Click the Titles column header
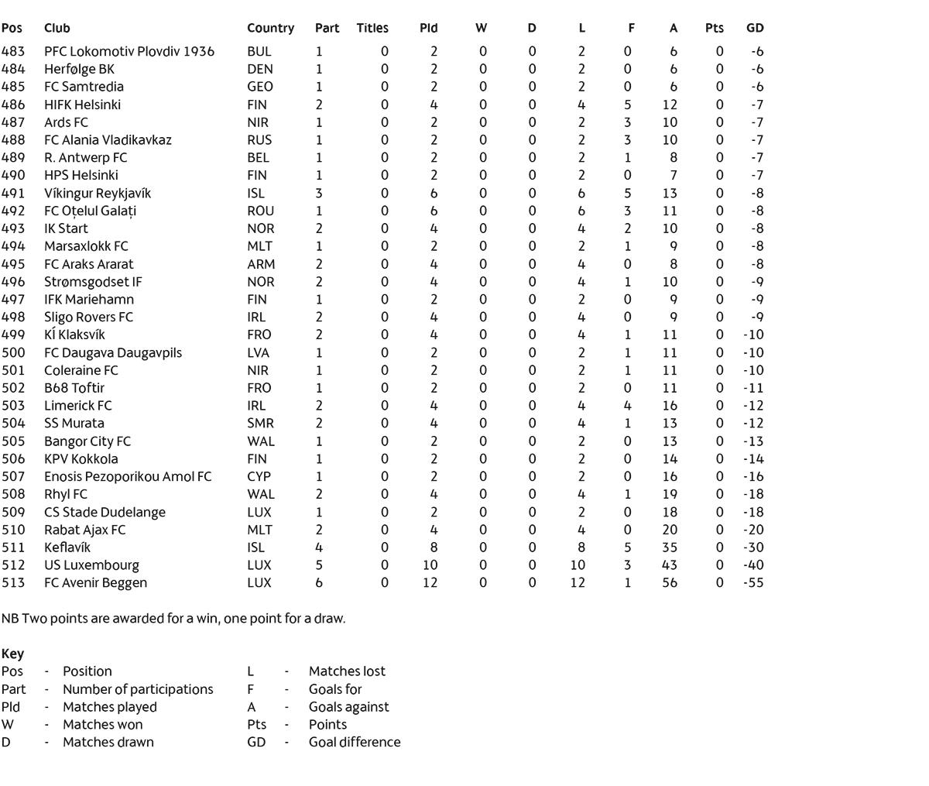coord(372,28)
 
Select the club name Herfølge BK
coord(79,69)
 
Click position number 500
coord(13,353)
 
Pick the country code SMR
coord(259,424)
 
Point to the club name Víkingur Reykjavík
coord(98,194)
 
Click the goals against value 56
coord(669,583)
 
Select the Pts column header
coord(714,28)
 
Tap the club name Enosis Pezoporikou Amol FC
coord(128,477)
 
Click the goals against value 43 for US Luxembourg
coord(669,565)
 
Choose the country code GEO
coord(260,87)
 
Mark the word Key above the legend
coord(12,654)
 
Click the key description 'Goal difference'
coord(355,742)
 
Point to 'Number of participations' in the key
coord(138,689)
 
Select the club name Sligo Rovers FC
coord(88,317)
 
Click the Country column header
coord(270,28)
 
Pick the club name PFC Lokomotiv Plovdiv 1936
coord(129,51)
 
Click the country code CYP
coord(259,477)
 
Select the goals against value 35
coord(669,547)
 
